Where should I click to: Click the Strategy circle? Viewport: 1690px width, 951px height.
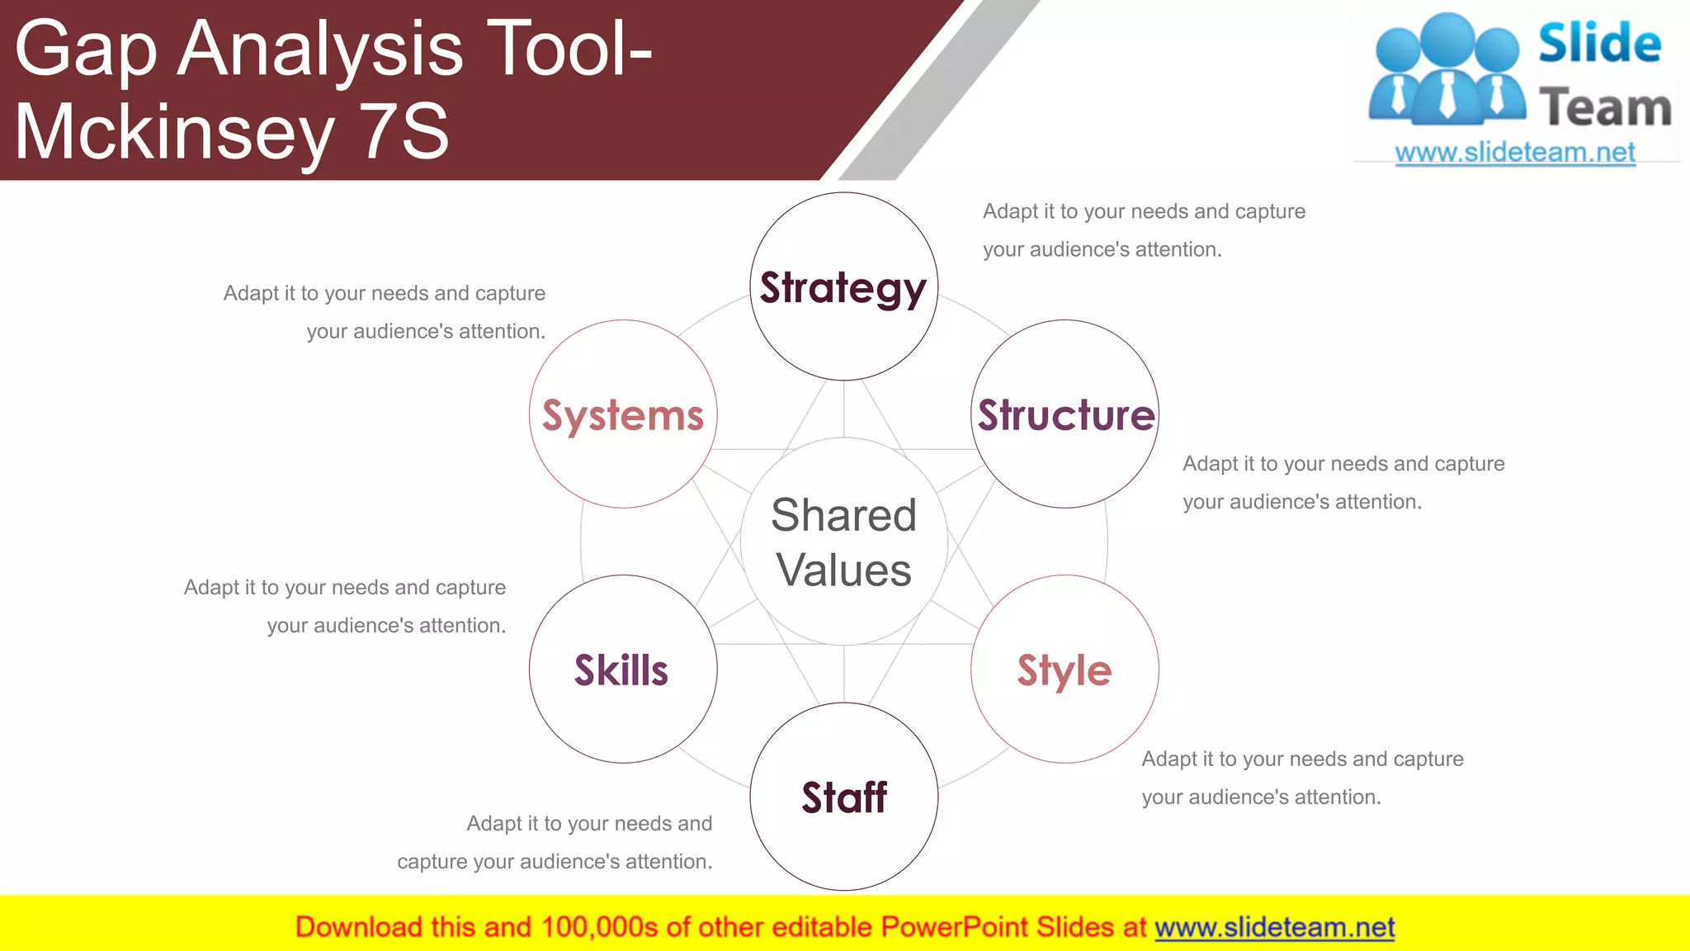pyautogui.click(x=843, y=286)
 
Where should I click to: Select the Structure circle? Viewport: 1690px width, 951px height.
pyautogui.click(x=1065, y=414)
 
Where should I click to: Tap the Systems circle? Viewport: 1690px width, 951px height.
pyautogui.click(x=623, y=414)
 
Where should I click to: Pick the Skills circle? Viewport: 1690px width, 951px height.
pyautogui.click(x=623, y=669)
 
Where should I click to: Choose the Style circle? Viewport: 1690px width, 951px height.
pyautogui.click(x=1065, y=669)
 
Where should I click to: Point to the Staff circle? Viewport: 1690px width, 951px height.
pyautogui.click(x=843, y=797)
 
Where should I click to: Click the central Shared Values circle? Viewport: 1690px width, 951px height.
pyautogui.click(x=843, y=542)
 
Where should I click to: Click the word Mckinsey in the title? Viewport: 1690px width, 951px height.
pyautogui.click(x=174, y=132)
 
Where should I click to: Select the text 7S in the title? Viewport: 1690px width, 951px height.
pyautogui.click(x=405, y=132)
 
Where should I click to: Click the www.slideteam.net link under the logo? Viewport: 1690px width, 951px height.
pyautogui.click(x=1515, y=152)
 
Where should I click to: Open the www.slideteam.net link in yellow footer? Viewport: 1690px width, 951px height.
pyautogui.click(x=1274, y=927)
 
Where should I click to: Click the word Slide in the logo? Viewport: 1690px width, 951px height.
pyautogui.click(x=1598, y=43)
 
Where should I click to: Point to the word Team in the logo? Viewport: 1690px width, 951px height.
pyautogui.click(x=1605, y=107)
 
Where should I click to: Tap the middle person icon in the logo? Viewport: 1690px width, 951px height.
pyautogui.click(x=1447, y=70)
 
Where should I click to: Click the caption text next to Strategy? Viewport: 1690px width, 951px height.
pyautogui.click(x=1144, y=229)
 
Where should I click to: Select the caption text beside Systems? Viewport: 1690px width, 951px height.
pyautogui.click(x=385, y=312)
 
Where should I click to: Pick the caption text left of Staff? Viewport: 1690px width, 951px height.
pyautogui.click(x=555, y=842)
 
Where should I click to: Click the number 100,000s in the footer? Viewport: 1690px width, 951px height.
pyautogui.click(x=599, y=927)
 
